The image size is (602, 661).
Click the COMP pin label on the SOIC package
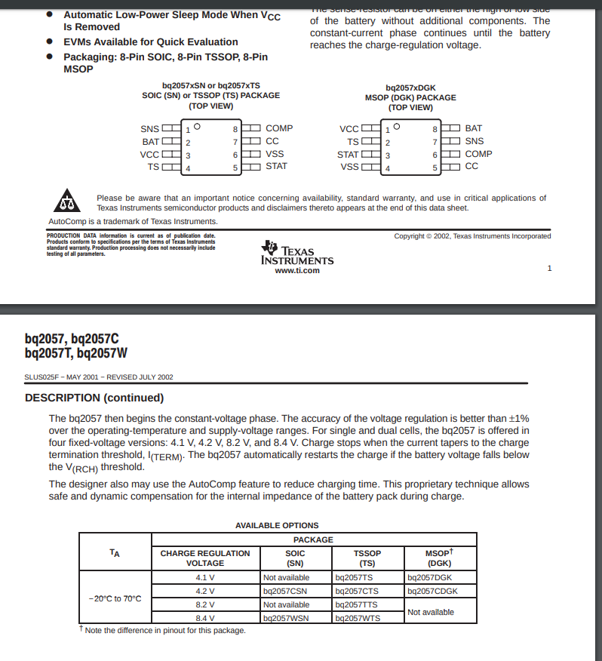(x=279, y=128)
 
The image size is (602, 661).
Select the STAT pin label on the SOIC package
(x=276, y=166)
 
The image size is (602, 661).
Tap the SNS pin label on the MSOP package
(x=475, y=141)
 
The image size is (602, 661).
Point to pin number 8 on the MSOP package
(x=435, y=129)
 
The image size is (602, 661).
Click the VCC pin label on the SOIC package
(x=149, y=155)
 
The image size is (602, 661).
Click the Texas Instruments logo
(x=296, y=253)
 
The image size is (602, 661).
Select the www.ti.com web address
(x=297, y=270)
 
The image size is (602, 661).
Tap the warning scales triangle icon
(x=68, y=201)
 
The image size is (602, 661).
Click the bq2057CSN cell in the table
(x=284, y=592)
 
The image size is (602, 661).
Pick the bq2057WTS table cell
(x=357, y=618)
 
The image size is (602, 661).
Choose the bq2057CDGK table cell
(x=432, y=592)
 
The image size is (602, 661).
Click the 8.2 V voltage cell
(x=205, y=604)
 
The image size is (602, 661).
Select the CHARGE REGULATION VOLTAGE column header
(x=205, y=558)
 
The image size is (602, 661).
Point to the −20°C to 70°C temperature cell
(x=115, y=598)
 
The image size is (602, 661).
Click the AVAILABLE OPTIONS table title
(x=277, y=525)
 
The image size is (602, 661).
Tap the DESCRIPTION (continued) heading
(x=94, y=398)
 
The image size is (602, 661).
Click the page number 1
(x=549, y=268)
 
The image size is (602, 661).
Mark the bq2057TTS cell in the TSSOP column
(x=355, y=604)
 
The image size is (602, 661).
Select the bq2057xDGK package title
(x=410, y=88)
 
